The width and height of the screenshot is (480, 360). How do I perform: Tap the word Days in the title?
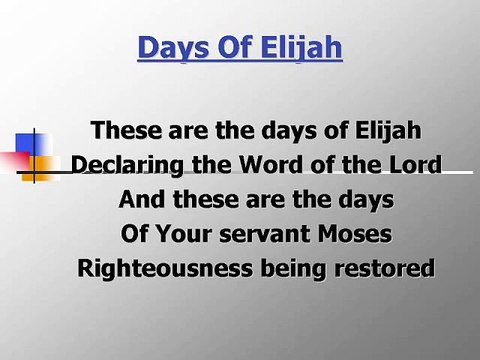pos(168,47)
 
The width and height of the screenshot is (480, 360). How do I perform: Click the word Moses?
pos(355,234)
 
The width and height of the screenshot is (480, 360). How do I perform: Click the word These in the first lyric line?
pos(121,131)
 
